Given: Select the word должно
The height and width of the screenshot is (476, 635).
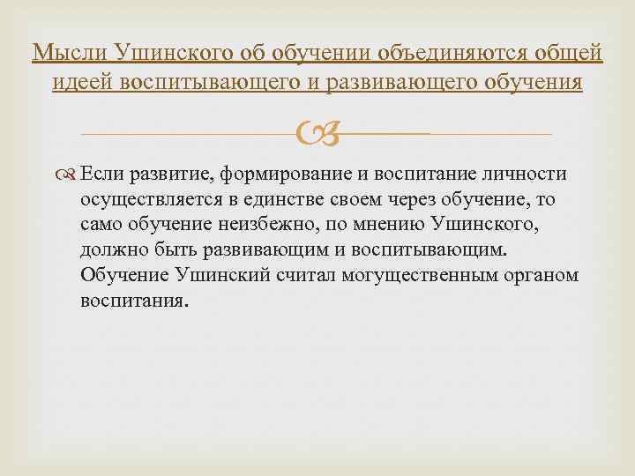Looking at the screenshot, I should pos(115,250).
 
